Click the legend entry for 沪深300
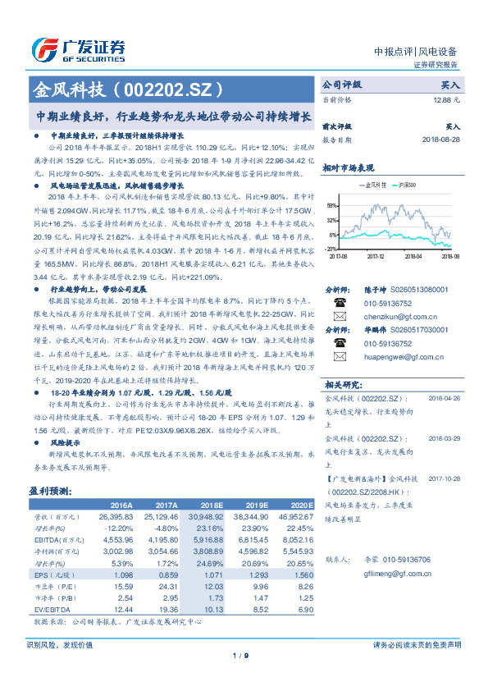405,185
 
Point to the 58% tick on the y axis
331,206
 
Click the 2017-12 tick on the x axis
375,255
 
